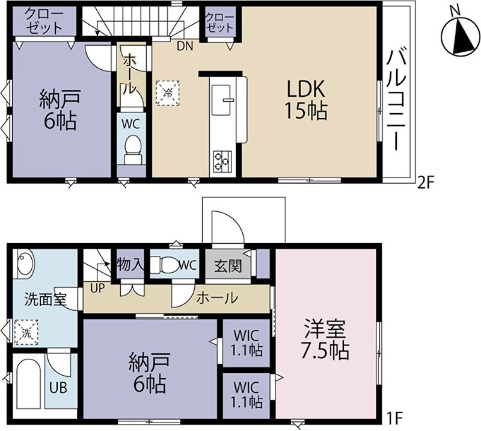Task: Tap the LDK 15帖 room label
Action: click(x=305, y=100)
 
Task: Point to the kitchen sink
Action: click(x=221, y=100)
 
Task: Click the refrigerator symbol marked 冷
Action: click(x=168, y=93)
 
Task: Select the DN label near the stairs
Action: click(x=185, y=46)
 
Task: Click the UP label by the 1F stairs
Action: click(x=97, y=288)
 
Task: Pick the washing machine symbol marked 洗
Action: click(x=26, y=332)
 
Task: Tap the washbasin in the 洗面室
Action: click(x=26, y=263)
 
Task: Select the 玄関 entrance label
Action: click(x=228, y=265)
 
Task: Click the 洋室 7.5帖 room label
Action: click(x=325, y=339)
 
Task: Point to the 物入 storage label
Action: click(x=130, y=264)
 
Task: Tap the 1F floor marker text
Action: click(x=393, y=418)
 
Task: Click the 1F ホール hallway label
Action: click(x=217, y=297)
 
